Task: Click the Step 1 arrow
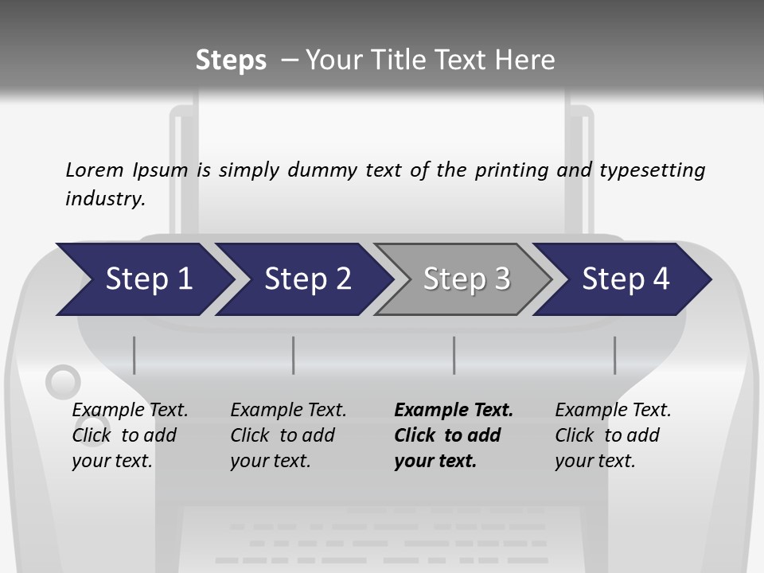[147, 279]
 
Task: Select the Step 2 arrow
[306, 279]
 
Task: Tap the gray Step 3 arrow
[466, 279]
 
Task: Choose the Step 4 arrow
[625, 279]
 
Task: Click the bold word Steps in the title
[231, 60]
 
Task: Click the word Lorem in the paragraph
[95, 170]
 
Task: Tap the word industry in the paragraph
[105, 198]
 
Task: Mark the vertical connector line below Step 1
[134, 355]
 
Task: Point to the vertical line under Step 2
[294, 355]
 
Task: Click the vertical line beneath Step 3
[454, 355]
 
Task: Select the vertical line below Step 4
[615, 355]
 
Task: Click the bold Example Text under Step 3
[454, 411]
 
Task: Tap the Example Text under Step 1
[130, 411]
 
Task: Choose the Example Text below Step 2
[288, 411]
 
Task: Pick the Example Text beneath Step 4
[613, 411]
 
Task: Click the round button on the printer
[62, 383]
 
